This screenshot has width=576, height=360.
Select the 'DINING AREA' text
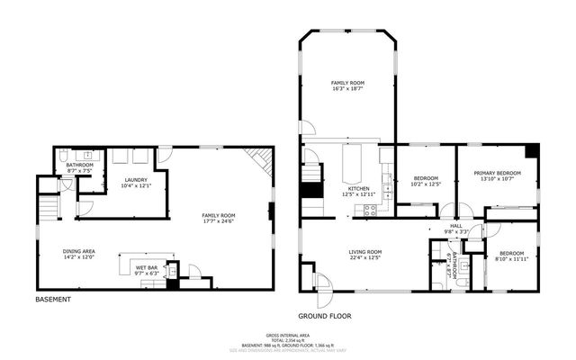click(78, 251)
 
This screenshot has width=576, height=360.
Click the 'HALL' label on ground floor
click(455, 226)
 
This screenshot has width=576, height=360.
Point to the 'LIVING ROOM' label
click(365, 252)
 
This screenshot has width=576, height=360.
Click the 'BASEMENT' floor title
click(53, 299)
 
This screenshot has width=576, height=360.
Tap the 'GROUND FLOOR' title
click(324, 316)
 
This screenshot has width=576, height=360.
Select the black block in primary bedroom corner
click(533, 151)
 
